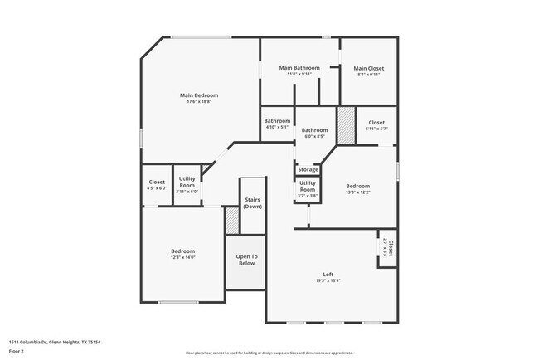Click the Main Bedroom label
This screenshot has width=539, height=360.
click(x=198, y=95)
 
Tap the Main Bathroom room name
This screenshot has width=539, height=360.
click(x=299, y=67)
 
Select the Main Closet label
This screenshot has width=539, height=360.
click(x=368, y=68)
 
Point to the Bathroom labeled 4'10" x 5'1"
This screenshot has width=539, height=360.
click(x=277, y=121)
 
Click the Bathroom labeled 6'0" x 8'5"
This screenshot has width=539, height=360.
click(x=314, y=130)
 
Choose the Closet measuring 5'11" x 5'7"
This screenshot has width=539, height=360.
click(x=376, y=122)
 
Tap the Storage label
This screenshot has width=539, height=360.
click(x=308, y=169)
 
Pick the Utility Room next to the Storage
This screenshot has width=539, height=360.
click(x=308, y=185)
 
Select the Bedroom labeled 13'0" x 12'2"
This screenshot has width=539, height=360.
click(x=357, y=186)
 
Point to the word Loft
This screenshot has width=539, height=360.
click(x=328, y=275)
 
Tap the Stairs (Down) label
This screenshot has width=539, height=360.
click(x=252, y=203)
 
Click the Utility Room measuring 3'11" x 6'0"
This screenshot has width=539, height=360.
click(x=187, y=182)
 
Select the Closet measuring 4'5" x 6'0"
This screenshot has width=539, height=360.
click(x=157, y=182)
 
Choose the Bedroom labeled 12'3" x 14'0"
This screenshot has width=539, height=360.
click(x=182, y=251)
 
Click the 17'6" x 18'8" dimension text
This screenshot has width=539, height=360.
click(x=198, y=102)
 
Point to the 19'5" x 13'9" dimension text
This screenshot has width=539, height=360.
click(x=328, y=282)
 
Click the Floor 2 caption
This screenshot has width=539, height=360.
click(x=17, y=351)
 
